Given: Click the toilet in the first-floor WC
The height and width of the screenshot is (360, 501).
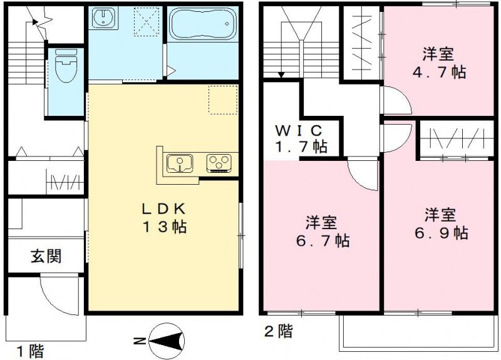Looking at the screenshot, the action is point(66,66).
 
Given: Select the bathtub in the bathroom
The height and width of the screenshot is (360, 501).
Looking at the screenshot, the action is point(203,24).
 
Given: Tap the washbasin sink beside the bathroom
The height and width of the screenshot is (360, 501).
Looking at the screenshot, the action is point(103,18).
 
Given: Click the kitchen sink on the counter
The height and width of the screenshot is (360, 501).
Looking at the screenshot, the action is point(180,163).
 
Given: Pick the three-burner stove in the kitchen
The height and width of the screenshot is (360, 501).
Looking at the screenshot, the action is point(219,163).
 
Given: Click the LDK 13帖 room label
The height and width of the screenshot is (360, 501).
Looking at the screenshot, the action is point(164,218).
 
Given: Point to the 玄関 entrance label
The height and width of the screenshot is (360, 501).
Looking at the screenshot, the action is point(46,256).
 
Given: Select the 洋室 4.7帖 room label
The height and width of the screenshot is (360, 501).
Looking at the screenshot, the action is point(439,63).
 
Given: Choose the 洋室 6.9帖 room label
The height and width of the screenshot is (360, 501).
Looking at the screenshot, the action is point(441,224).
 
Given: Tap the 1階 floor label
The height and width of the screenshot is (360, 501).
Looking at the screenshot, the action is point(30,351).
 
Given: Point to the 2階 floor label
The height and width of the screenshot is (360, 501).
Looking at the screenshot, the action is point(279,331).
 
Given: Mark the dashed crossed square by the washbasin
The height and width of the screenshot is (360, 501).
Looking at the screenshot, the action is point(147,21).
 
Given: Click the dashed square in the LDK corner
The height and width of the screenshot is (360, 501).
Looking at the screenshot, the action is point(223,100).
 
